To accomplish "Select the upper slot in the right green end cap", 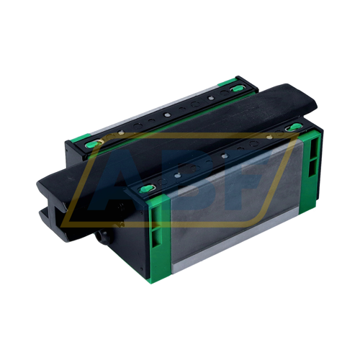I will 310,149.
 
